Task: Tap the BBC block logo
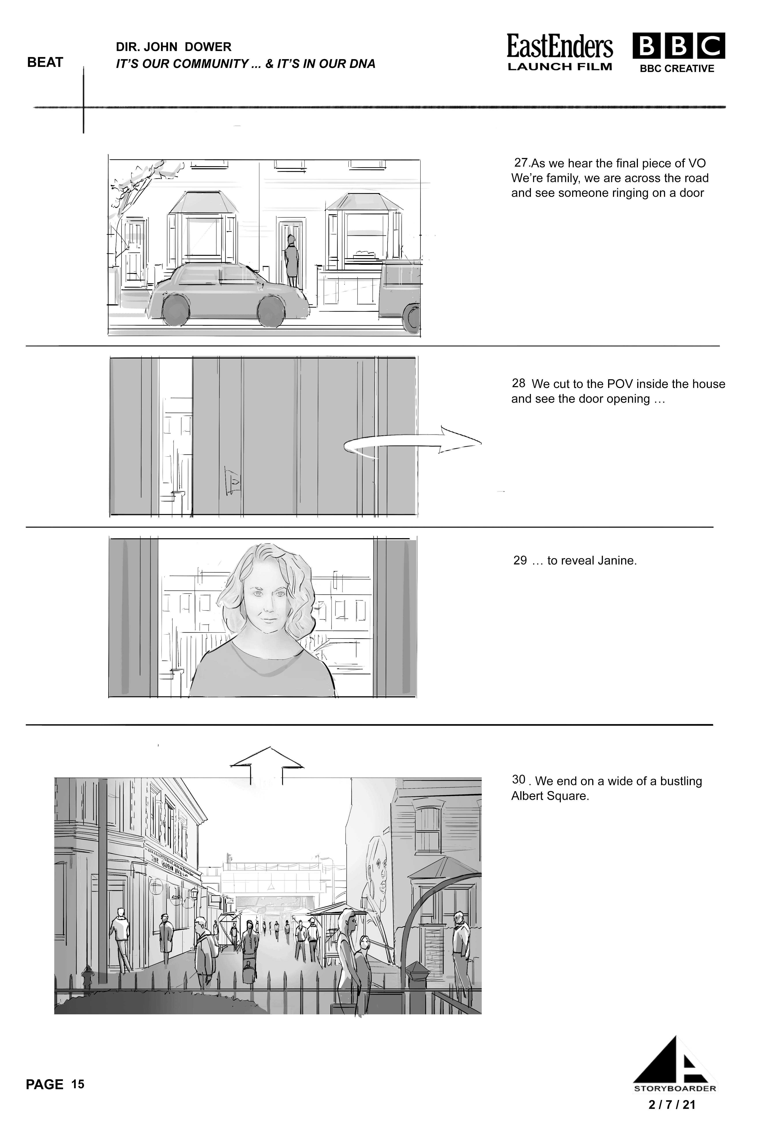pyautogui.click(x=678, y=46)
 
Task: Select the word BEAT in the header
pyautogui.click(x=45, y=62)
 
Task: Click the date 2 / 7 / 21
pyautogui.click(x=672, y=1104)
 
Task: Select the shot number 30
pyautogui.click(x=519, y=779)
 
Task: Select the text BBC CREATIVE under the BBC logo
pyautogui.click(x=677, y=69)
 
